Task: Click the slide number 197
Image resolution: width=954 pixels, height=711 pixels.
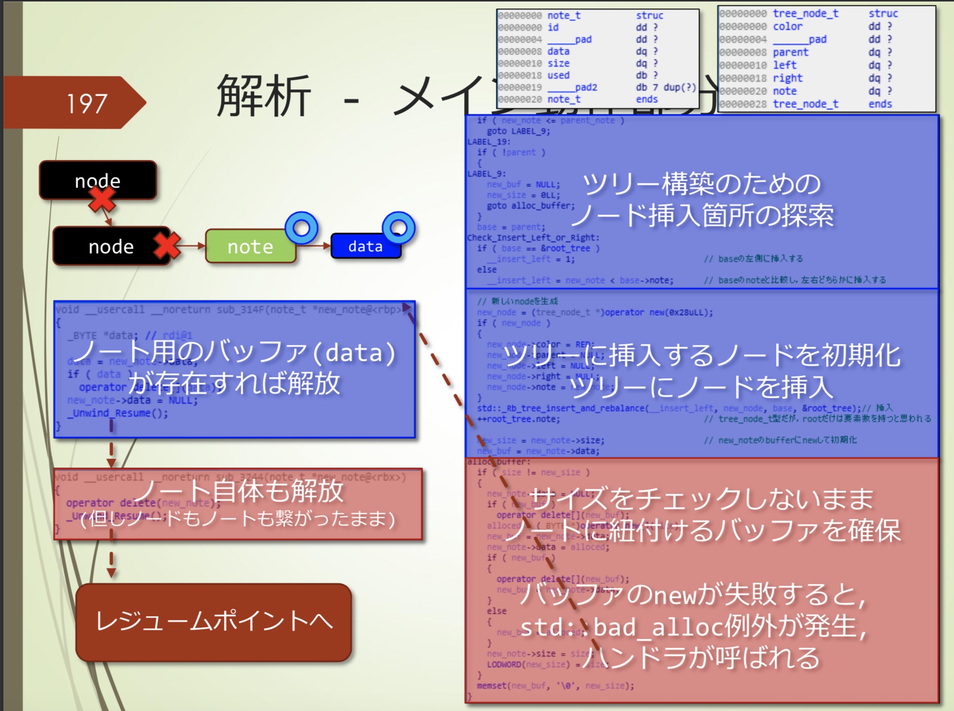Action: (x=87, y=104)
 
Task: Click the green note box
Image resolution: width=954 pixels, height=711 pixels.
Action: (x=250, y=246)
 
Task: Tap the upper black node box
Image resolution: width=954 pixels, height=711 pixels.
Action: (x=98, y=181)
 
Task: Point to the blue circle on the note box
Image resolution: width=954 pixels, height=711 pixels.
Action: (x=302, y=228)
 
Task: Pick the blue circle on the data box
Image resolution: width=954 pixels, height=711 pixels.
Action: (x=398, y=228)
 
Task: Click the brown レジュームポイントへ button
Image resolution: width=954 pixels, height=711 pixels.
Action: (x=214, y=622)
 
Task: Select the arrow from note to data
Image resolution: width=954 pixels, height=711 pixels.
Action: (x=314, y=246)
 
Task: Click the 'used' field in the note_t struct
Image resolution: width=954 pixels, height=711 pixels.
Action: (x=559, y=76)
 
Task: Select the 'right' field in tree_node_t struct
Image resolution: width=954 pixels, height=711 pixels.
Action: (x=787, y=78)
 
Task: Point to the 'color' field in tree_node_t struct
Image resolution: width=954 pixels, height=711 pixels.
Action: (x=787, y=27)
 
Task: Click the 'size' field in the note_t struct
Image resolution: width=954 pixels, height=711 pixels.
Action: (x=559, y=64)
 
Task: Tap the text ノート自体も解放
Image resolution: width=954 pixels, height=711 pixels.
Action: (x=238, y=491)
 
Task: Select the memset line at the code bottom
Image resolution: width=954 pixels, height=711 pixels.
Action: (x=555, y=685)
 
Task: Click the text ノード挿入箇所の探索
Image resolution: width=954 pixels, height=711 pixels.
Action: (x=702, y=216)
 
